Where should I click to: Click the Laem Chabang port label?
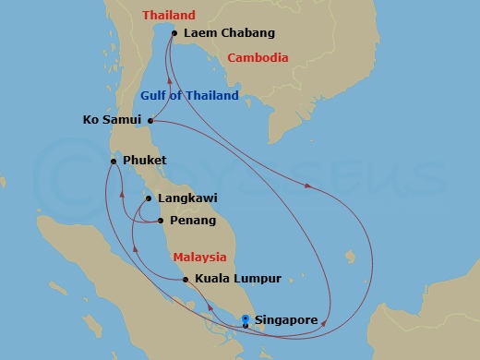(230, 33)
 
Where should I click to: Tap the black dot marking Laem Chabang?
(174, 33)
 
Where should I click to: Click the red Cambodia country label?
(258, 57)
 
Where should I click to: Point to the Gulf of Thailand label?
(189, 95)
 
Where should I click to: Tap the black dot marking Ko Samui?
(150, 119)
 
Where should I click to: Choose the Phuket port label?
(144, 161)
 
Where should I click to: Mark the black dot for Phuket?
(114, 161)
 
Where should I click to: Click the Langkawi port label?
(187, 198)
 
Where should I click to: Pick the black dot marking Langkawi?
(149, 198)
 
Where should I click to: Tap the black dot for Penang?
(161, 221)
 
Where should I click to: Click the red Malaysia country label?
(200, 257)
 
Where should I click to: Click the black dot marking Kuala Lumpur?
(186, 279)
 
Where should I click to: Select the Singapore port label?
(286, 320)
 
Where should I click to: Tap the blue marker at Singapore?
(245, 321)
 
